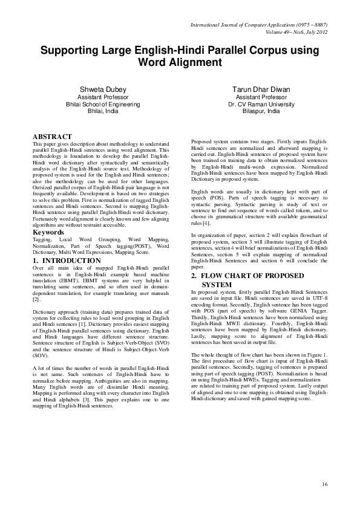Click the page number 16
click(x=324, y=484)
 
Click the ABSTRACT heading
click(x=52, y=137)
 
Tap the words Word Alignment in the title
click(x=180, y=62)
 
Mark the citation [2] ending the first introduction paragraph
click(x=36, y=299)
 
